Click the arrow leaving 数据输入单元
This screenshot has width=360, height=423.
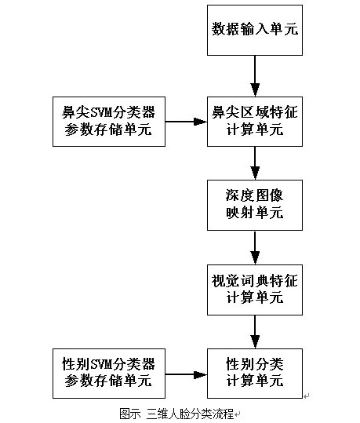(x=255, y=76)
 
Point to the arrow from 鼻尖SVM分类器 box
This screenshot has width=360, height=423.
(x=187, y=122)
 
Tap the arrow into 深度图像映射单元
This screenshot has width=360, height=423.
(x=255, y=163)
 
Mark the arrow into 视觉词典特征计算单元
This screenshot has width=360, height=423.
(x=255, y=247)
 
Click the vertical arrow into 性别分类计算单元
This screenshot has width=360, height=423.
(x=255, y=332)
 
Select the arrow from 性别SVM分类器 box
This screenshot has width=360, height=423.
(x=187, y=374)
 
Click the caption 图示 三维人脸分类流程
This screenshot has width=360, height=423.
(x=176, y=414)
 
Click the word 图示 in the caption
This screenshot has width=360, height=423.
(x=130, y=414)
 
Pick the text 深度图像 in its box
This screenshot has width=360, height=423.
(x=255, y=195)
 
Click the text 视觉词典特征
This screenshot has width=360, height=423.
(x=255, y=281)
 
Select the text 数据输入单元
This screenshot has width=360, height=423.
(x=255, y=29)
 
